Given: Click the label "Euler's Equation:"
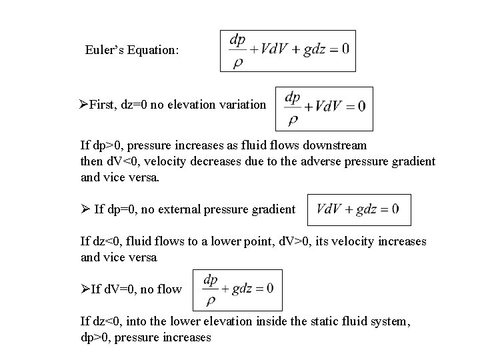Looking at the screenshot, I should tap(132, 50).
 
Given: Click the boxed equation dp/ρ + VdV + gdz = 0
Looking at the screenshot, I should tap(287, 51).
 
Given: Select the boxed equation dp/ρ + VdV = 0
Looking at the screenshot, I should tap(324, 108).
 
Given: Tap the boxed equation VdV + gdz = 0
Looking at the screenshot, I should tap(359, 210).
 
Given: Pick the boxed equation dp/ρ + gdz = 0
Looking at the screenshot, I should tap(237, 289).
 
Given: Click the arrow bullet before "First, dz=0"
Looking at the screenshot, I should tap(84, 105).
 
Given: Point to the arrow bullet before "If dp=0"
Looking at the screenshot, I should tap(85, 210).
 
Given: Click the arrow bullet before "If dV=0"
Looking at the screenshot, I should tap(85, 289).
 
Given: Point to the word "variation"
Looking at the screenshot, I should tap(241, 105).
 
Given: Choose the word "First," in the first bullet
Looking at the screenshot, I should tap(104, 105).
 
